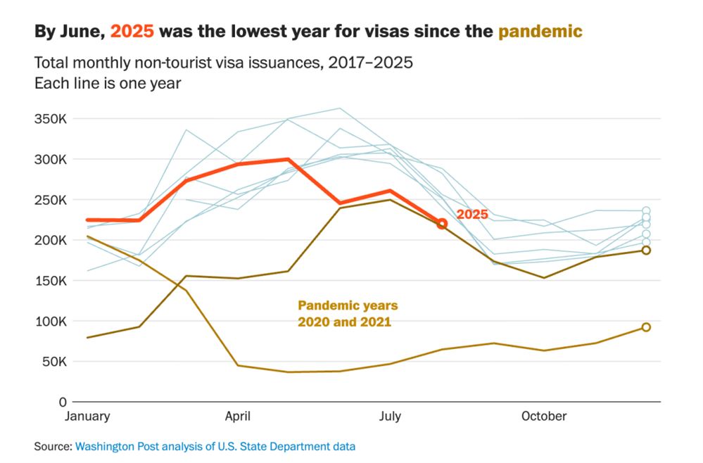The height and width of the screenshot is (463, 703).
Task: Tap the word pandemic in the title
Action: (540, 31)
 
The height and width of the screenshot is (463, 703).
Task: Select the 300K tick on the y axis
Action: (51, 159)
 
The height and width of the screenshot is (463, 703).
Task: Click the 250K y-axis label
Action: (51, 200)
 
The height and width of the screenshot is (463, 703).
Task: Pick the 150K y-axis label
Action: (51, 281)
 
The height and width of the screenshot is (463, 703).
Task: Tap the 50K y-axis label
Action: (53, 362)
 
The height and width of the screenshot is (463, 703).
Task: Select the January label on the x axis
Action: (87, 416)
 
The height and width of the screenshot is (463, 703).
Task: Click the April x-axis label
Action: (238, 416)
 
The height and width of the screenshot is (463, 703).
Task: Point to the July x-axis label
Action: (390, 416)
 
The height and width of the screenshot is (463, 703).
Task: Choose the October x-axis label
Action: (543, 416)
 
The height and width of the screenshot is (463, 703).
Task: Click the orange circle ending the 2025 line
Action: (442, 224)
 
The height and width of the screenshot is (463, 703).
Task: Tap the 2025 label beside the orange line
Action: (473, 214)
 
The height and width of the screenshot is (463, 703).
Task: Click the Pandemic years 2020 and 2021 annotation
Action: (348, 314)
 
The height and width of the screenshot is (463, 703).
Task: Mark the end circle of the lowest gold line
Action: (646, 327)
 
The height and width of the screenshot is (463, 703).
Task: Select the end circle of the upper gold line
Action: (646, 250)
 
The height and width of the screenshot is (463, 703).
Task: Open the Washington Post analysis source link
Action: (215, 446)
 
